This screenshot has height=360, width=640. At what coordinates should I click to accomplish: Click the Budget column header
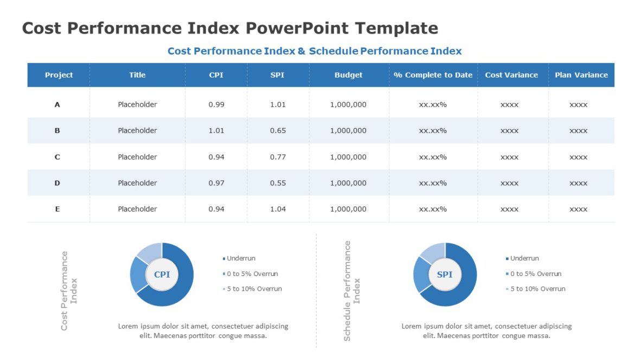(x=348, y=75)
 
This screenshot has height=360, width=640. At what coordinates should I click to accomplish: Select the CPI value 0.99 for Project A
(x=216, y=104)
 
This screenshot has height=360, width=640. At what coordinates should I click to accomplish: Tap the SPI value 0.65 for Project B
(x=278, y=130)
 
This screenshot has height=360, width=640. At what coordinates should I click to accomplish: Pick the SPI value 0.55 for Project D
(x=278, y=183)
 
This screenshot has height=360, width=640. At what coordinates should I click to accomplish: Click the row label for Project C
(x=57, y=157)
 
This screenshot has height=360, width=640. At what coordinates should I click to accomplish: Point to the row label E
(x=57, y=209)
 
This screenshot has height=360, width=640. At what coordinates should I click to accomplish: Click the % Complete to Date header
(x=433, y=75)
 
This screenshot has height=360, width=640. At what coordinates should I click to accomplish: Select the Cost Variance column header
(x=511, y=75)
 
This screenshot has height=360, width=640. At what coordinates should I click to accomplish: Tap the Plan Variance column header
(x=581, y=75)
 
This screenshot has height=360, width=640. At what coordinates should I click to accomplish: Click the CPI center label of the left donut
(x=162, y=274)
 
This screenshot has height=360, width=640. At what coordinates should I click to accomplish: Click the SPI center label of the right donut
(x=445, y=274)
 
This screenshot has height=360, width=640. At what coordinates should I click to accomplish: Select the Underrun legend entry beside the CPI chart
(x=241, y=259)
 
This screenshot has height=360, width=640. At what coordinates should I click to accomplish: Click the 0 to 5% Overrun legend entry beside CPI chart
(x=252, y=274)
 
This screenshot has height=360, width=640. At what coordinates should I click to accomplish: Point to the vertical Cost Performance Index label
(x=68, y=290)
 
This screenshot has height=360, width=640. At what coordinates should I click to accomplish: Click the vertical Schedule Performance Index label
(x=351, y=291)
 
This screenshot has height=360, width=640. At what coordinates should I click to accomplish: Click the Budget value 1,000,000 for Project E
(x=348, y=209)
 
